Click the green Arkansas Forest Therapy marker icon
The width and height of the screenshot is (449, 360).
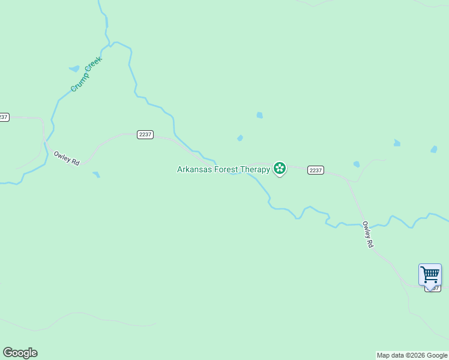[279, 169]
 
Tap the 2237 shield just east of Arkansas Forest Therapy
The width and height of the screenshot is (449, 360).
[316, 170]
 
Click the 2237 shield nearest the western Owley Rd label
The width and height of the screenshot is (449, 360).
[145, 134]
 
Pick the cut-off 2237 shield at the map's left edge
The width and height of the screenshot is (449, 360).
[4, 117]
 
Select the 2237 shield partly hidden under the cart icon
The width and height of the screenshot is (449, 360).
[432, 289]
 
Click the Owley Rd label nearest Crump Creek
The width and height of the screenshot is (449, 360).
[67, 158]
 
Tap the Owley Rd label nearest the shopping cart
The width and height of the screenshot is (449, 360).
[368, 235]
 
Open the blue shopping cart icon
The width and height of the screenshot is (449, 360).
[430, 275]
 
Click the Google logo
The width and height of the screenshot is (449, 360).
[20, 353]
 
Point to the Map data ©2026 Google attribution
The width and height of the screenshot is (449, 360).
[412, 356]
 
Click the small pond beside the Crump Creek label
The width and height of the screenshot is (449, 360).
[74, 68]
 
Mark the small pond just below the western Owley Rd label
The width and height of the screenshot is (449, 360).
[96, 175]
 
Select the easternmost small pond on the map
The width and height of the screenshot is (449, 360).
[434, 149]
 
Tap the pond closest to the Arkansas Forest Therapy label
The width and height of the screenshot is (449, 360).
[240, 139]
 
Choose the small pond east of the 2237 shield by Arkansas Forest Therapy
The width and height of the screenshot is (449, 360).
[357, 164]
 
